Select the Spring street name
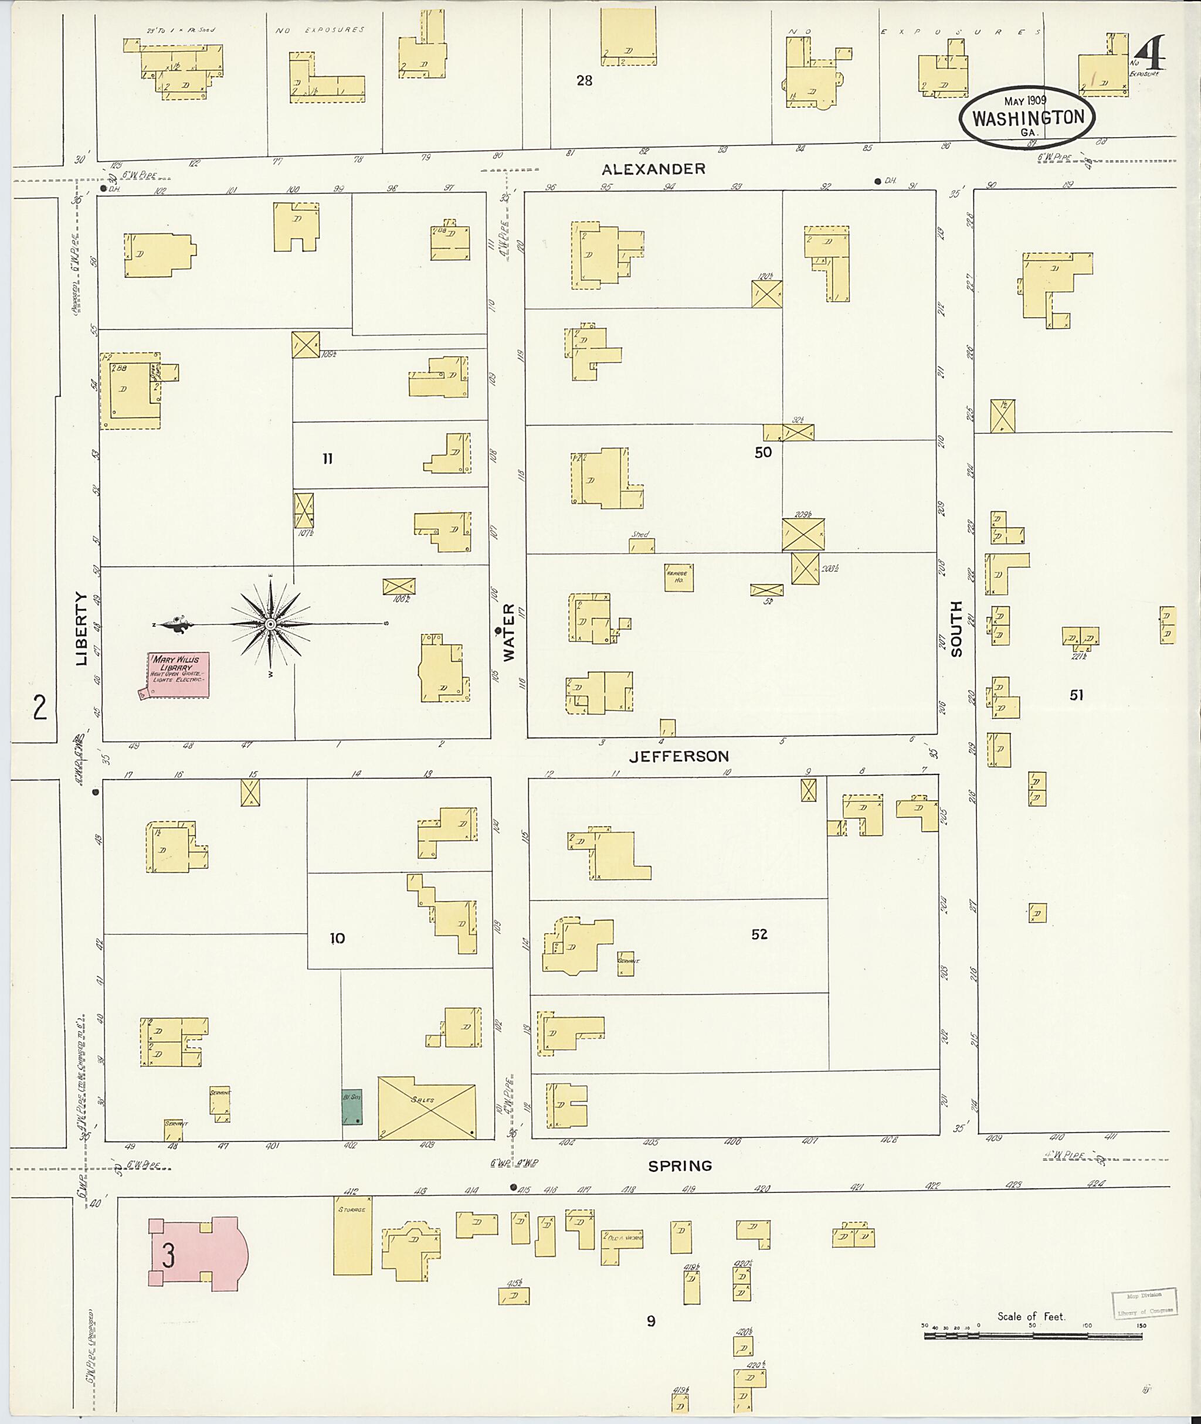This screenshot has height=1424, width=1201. pos(680,1166)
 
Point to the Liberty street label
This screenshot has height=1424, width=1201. pos(82,628)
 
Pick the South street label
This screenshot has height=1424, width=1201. pos(956,628)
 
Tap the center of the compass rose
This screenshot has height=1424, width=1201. pos(270,624)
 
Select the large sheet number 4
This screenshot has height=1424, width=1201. pos(1150,54)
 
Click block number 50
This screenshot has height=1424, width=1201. pos(762,452)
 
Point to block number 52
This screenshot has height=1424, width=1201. pos(759,934)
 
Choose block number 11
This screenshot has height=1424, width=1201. pos(327,459)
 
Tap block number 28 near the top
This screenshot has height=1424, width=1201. pos(584,80)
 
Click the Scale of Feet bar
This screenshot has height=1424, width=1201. pos(1032,1336)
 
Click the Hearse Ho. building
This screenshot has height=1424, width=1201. pos(679,577)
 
